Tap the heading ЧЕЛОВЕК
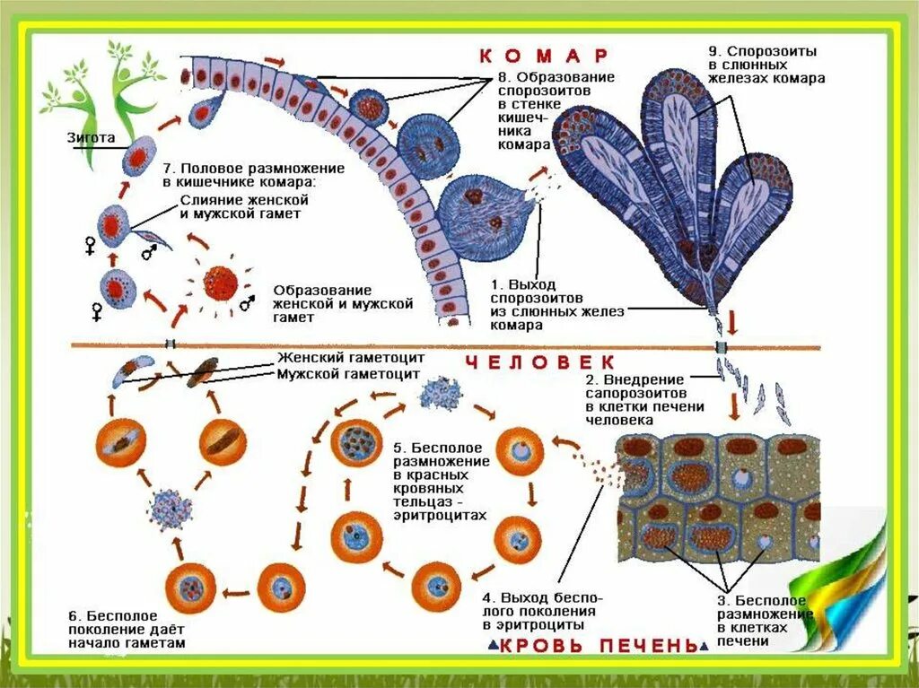click(540, 362)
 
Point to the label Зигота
click(91, 138)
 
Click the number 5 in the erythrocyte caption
click(398, 447)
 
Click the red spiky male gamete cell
click(220, 283)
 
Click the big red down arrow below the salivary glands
click(733, 321)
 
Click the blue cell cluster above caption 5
click(442, 392)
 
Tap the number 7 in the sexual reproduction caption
click(167, 168)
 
